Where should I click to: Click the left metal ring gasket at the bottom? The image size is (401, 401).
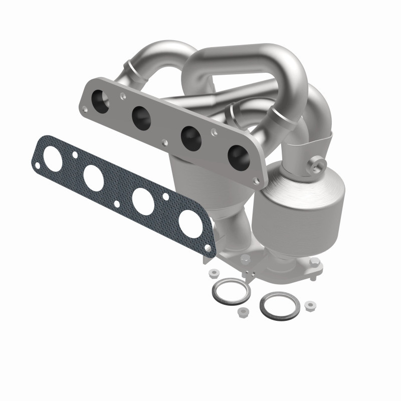click(x=231, y=291)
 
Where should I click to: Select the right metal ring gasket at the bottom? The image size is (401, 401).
click(x=280, y=306)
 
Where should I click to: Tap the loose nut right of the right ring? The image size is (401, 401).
click(x=310, y=305)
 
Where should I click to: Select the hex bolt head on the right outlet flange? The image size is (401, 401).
click(x=315, y=262)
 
